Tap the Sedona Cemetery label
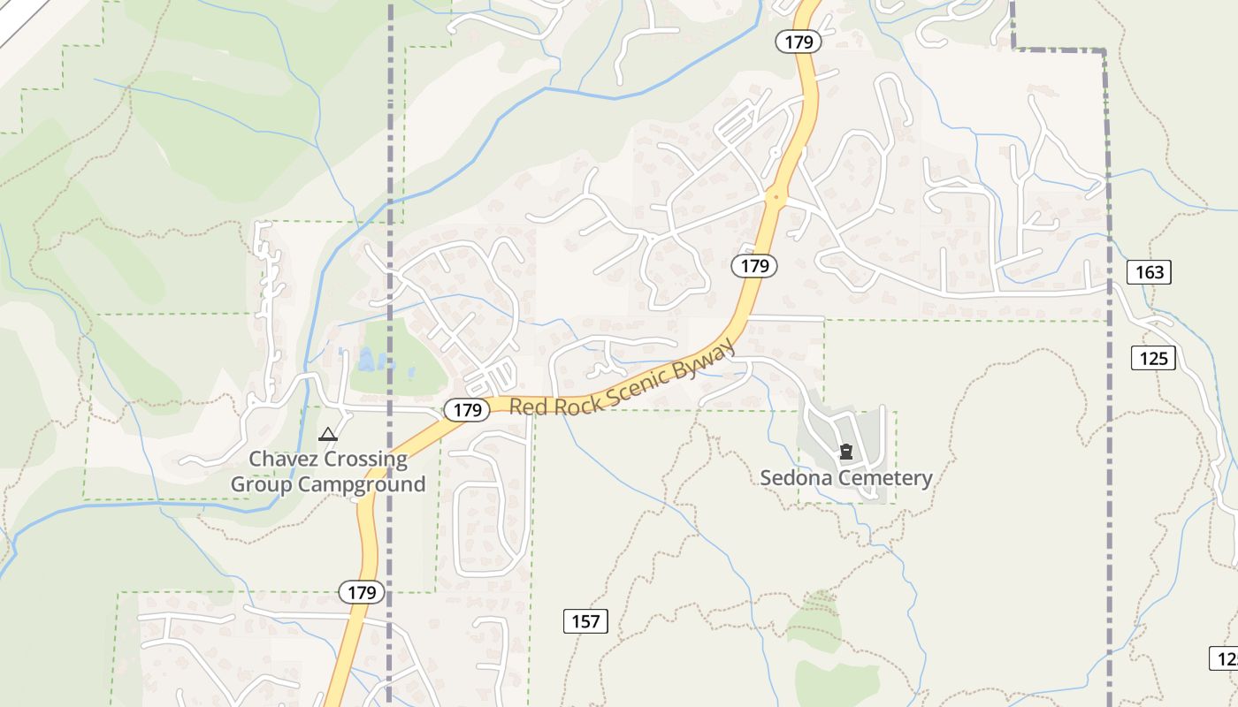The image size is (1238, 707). coord(846,478)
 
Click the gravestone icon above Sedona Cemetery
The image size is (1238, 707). coord(846,452)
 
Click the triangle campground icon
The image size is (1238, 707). coord(328,434)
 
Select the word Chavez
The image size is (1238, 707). coord(282,460)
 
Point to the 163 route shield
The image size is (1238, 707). coord(1149,272)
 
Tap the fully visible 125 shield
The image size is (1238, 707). coord(1153,358)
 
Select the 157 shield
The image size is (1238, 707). coord(585,621)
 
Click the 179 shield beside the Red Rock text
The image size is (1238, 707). coord(467,410)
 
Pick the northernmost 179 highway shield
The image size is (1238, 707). coord(799,42)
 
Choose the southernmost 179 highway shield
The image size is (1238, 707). coord(362,592)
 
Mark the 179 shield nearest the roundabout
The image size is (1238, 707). coord(754,266)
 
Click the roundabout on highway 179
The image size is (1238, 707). coord(776,197)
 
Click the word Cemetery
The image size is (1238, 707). coord(884,478)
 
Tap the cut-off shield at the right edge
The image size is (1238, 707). coord(1226,658)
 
